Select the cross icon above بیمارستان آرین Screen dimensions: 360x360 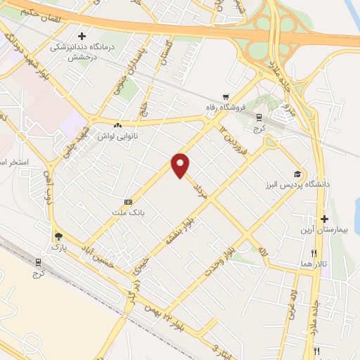(324, 219)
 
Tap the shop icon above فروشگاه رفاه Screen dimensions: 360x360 (224, 98)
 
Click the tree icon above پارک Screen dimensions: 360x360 (59, 237)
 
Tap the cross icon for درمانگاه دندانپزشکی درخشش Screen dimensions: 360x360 (82, 36)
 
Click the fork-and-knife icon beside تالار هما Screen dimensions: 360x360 (314, 253)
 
